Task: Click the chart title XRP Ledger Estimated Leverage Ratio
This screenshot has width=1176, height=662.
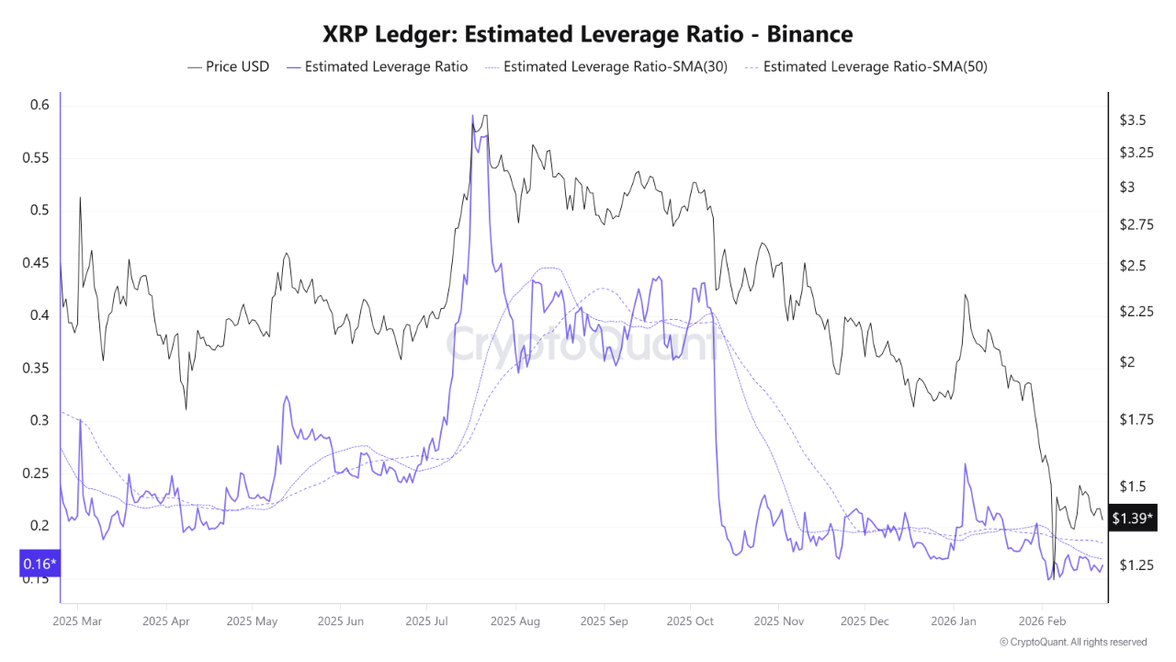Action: click(587, 35)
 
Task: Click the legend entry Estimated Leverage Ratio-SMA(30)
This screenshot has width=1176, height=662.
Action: click(605, 66)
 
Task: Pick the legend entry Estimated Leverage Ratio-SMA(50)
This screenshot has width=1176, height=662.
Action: click(865, 66)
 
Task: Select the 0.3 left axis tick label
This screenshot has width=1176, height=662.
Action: click(38, 420)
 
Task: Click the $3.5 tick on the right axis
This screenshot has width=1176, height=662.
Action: click(1132, 120)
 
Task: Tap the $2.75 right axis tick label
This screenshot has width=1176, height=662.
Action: click(1136, 225)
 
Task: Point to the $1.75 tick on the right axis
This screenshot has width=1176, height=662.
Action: click(1136, 420)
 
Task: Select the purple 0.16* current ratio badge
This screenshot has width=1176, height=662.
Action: click(39, 563)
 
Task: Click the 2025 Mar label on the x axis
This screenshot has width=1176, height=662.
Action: click(78, 621)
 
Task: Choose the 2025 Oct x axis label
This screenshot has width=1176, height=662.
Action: click(690, 621)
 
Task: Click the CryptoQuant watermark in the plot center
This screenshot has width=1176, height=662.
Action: click(582, 344)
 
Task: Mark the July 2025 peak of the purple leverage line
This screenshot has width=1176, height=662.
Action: click(472, 116)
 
